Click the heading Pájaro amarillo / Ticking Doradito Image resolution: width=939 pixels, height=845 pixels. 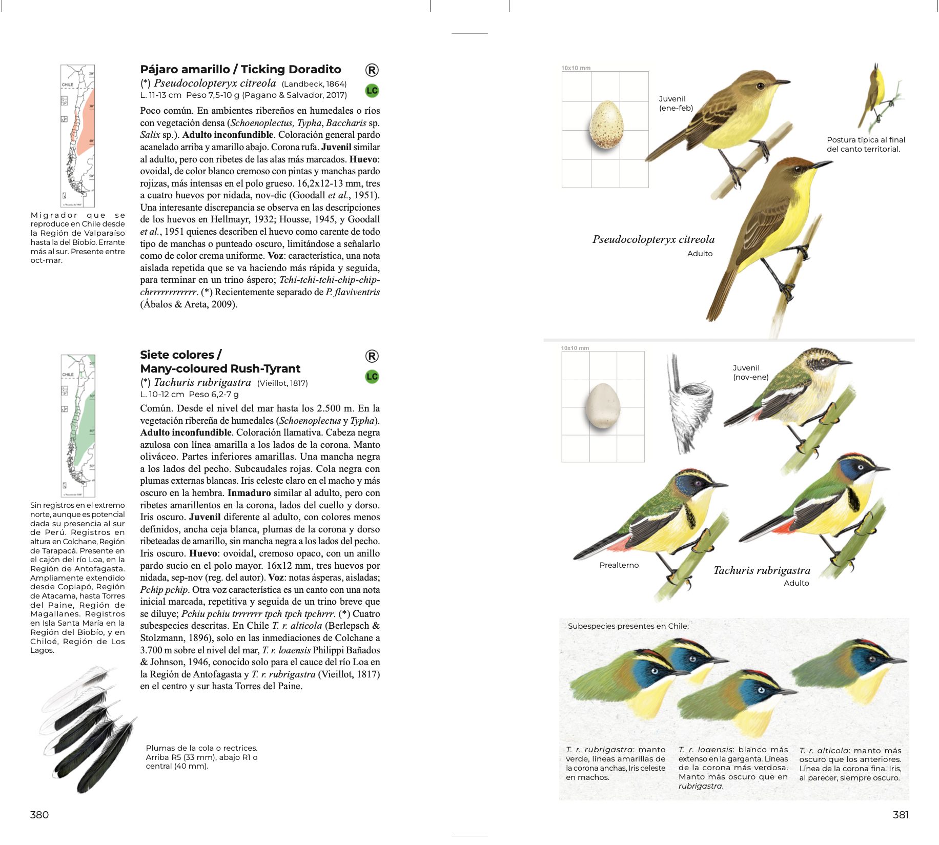pos(240,69)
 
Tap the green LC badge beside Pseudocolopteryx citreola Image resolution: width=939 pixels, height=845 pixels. pos(372,91)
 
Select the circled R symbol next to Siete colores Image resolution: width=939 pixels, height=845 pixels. pos(372,356)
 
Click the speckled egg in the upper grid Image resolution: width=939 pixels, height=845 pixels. pos(606,125)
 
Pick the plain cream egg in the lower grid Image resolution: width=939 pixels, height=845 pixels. pos(603,406)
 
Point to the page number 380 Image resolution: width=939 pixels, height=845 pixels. pos(39,814)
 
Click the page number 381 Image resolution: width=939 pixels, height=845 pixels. pos(900,814)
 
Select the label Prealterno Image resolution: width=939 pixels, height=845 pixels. pos(619,565)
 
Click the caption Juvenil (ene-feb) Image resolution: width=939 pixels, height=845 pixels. pos(676,103)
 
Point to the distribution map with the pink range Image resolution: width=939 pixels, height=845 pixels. pos(78,136)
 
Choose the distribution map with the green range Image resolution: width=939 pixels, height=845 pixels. pos(78,425)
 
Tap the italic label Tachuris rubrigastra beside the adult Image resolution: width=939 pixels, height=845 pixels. pos(762,570)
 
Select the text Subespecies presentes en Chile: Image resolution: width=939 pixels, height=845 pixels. pos(628,626)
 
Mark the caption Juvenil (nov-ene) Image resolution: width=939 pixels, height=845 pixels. pos(750,372)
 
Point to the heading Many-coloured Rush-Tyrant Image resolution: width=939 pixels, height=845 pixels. pos(220,368)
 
